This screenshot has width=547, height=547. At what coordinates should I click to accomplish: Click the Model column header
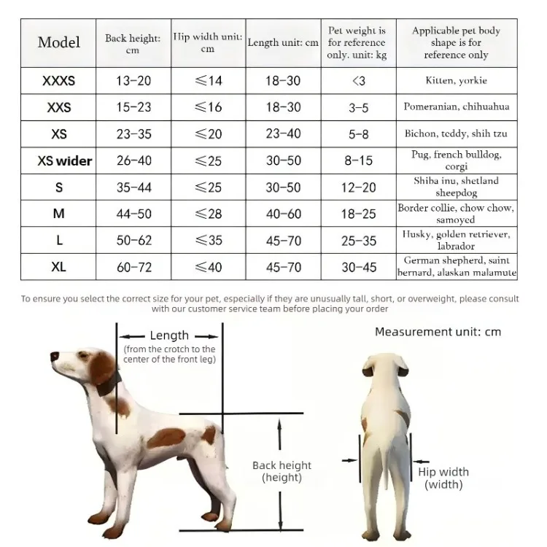pyautogui.click(x=58, y=42)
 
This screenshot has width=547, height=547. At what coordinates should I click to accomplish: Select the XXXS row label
pyautogui.click(x=58, y=81)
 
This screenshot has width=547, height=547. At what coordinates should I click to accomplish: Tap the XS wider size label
pyautogui.click(x=64, y=160)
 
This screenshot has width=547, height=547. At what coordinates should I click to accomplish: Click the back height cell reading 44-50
pyautogui.click(x=134, y=214)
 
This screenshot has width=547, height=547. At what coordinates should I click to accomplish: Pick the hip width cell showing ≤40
pyautogui.click(x=208, y=268)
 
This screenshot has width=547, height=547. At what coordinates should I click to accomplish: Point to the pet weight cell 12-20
pyautogui.click(x=358, y=187)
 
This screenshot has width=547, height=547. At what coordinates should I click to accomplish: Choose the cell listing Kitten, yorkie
pyautogui.click(x=457, y=80)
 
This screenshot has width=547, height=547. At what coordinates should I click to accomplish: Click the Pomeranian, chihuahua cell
pyautogui.click(x=457, y=107)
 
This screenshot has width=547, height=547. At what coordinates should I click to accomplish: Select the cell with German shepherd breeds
pyautogui.click(x=457, y=267)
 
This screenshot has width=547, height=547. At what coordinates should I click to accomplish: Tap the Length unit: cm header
pyautogui.click(x=283, y=43)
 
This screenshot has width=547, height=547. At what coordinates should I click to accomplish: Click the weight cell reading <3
pyautogui.click(x=358, y=81)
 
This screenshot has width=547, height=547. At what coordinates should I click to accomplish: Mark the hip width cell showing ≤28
pyautogui.click(x=208, y=214)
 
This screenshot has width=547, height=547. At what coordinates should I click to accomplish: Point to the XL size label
pyautogui.click(x=58, y=268)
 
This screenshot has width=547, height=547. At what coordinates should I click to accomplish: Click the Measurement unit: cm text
pyautogui.click(x=438, y=332)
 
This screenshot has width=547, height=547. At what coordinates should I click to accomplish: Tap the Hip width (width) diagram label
pyautogui.click(x=443, y=478)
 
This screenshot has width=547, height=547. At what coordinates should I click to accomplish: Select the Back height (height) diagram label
pyautogui.click(x=282, y=471)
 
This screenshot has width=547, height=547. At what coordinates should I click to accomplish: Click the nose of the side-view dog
pyautogui.click(x=54, y=357)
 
